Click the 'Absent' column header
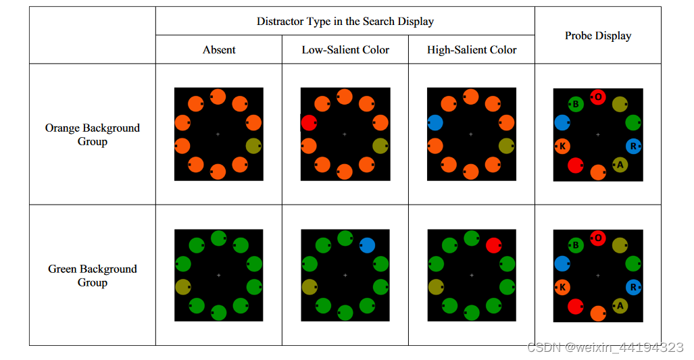pyautogui.click(x=219, y=50)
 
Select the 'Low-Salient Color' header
pyautogui.click(x=345, y=50)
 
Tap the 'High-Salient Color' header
pyautogui.click(x=472, y=50)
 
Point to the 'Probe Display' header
pyautogui.click(x=598, y=36)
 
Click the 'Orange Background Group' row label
pyautogui.click(x=93, y=134)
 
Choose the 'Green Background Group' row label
pyautogui.click(x=93, y=276)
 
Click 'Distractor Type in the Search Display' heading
pyautogui.click(x=345, y=21)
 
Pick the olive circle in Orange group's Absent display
pyautogui.click(x=253, y=146)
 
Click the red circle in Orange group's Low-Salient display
pyautogui.click(x=309, y=123)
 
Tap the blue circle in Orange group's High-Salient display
pyautogui.click(x=435, y=123)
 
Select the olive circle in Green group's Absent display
pyautogui.click(x=182, y=286)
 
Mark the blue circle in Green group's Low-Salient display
pyautogui.click(x=367, y=245)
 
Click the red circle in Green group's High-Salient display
pyautogui.click(x=493, y=245)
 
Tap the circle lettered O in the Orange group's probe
pyautogui.click(x=598, y=97)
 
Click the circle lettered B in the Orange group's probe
pyautogui.click(x=576, y=105)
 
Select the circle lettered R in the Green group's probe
pyautogui.click(x=633, y=287)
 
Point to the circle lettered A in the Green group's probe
pyautogui.click(x=620, y=305)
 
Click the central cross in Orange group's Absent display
pyautogui.click(x=218, y=134)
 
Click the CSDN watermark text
pyautogui.click(x=605, y=347)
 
